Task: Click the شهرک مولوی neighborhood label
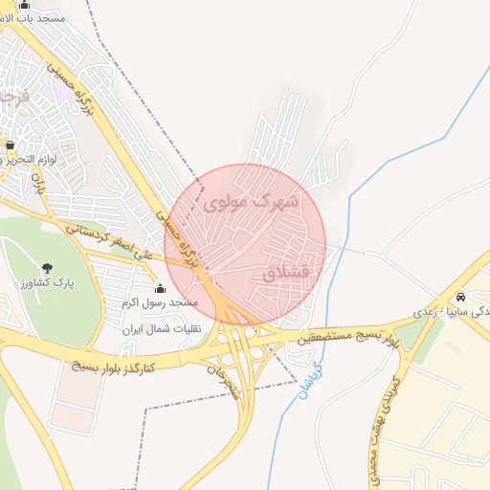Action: click(x=252, y=202)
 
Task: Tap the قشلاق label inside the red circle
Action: click(x=287, y=273)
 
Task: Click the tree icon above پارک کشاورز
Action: click(x=48, y=268)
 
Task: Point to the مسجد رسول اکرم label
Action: click(x=159, y=303)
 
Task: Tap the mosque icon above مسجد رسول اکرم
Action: click(x=159, y=289)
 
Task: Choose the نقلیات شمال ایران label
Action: click(x=158, y=328)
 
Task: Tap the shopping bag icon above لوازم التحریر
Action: click(x=11, y=145)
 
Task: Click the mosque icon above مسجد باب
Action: click(x=24, y=4)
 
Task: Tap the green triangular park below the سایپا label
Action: click(x=413, y=335)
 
